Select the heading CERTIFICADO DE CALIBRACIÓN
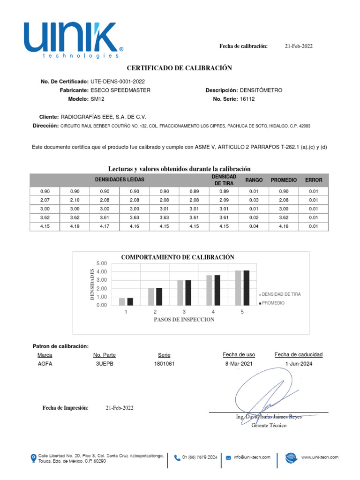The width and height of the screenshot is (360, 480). pyautogui.click(x=180, y=68)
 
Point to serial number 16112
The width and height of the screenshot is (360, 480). pyautogui.click(x=247, y=99)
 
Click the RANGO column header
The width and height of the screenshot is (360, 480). pyautogui.click(x=254, y=180)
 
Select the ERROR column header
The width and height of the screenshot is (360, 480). pyautogui.click(x=314, y=180)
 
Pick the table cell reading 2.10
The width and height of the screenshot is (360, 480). pyautogui.click(x=75, y=200)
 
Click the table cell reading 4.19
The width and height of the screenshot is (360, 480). pyautogui.click(x=75, y=227)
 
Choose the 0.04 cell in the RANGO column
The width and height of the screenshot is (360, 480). pyautogui.click(x=254, y=227)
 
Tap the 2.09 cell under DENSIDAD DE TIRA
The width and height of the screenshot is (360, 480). pyautogui.click(x=224, y=200)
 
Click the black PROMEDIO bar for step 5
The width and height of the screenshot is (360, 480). pyautogui.click(x=246, y=288)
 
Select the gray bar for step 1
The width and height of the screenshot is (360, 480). pyautogui.click(x=122, y=301)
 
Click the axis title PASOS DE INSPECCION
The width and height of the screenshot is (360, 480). pyautogui.click(x=184, y=320)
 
